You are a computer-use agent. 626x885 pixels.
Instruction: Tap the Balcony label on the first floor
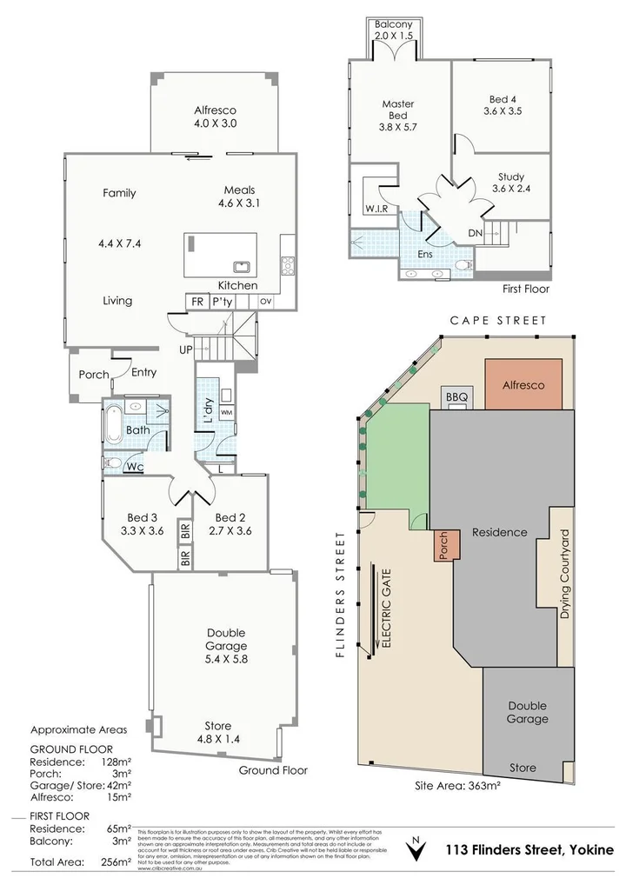tap(399, 25)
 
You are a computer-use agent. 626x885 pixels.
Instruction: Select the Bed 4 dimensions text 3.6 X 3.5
tap(505, 111)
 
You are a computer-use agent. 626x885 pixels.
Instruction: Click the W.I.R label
tap(376, 210)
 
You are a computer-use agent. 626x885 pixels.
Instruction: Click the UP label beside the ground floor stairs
tap(185, 349)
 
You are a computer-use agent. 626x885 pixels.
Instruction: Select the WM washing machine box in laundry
tap(227, 411)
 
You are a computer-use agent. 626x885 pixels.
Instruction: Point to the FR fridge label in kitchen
tap(198, 301)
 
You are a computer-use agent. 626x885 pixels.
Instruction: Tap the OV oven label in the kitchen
tap(265, 302)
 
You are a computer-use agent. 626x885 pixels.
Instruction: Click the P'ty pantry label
tap(223, 301)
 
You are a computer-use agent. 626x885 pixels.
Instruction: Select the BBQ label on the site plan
tap(457, 396)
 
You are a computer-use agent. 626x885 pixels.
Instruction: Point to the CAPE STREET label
tap(498, 321)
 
